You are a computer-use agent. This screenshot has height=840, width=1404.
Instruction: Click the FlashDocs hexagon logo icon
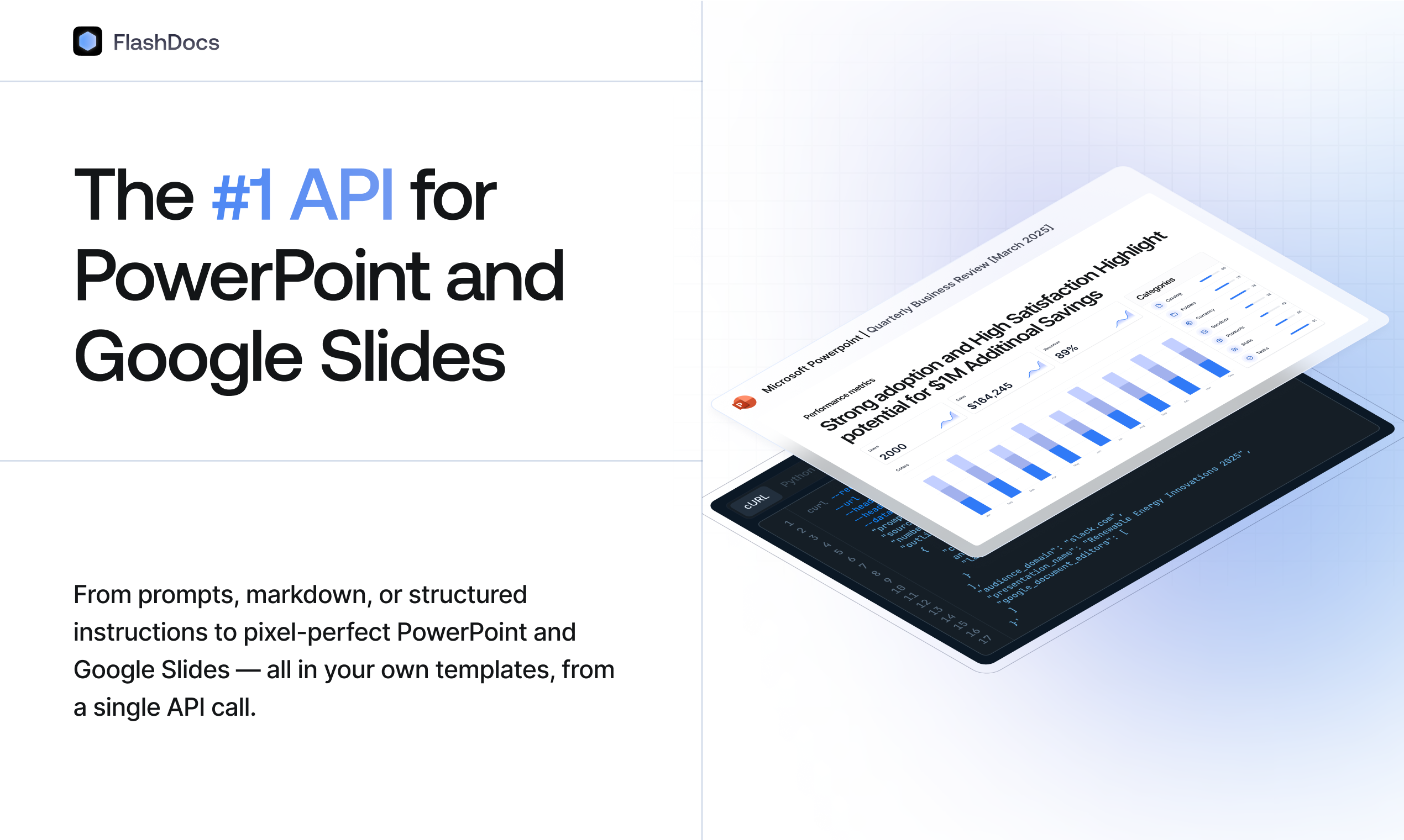pyautogui.click(x=87, y=41)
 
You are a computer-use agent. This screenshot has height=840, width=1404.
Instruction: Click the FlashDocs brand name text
pyautogui.click(x=166, y=43)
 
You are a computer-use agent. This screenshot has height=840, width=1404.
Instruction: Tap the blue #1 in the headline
pyautogui.click(x=242, y=196)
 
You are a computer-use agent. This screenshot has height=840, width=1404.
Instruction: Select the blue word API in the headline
pyautogui.click(x=341, y=196)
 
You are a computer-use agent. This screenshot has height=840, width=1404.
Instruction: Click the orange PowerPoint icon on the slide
pyautogui.click(x=743, y=403)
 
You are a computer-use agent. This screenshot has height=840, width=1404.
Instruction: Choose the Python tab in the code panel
pyautogui.click(x=798, y=476)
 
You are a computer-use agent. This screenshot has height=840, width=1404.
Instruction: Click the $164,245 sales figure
pyautogui.click(x=989, y=395)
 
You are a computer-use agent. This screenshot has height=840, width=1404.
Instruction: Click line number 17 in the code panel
pyautogui.click(x=985, y=639)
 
